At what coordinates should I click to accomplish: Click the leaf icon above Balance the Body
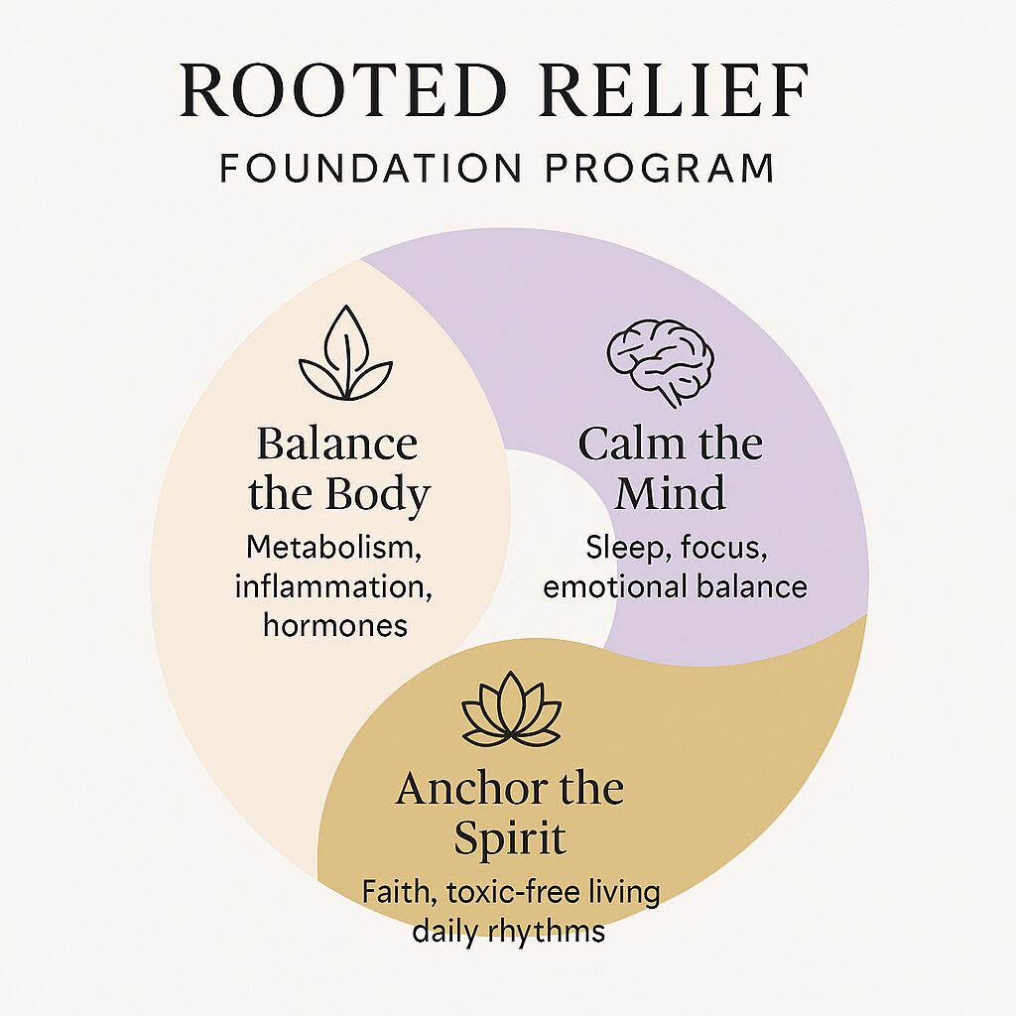(x=345, y=355)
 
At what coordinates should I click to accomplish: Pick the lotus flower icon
(x=511, y=709)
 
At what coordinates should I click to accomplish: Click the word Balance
(x=336, y=444)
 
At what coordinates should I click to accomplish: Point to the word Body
(x=381, y=493)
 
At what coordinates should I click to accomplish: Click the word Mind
(x=670, y=493)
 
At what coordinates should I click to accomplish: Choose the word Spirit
(x=510, y=839)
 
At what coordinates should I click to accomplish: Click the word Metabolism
(x=335, y=548)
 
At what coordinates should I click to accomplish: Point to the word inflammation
(x=333, y=586)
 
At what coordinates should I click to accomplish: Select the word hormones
(x=335, y=625)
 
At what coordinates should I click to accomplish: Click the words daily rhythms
(x=510, y=931)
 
